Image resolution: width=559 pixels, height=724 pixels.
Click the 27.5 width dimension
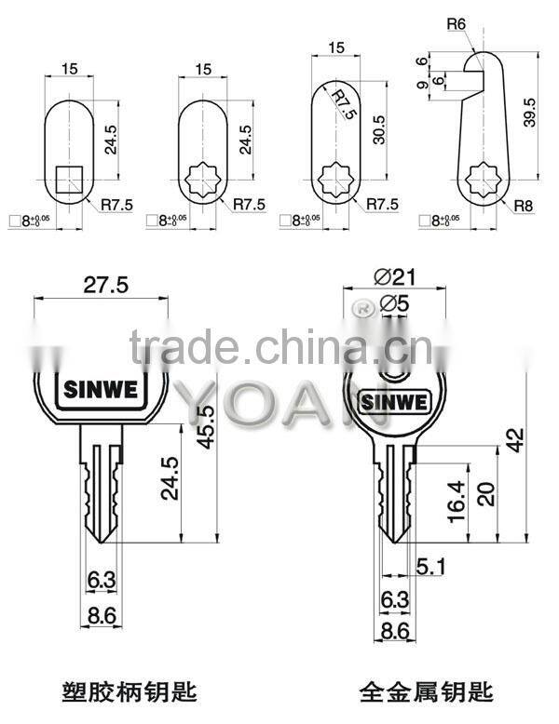[101, 286]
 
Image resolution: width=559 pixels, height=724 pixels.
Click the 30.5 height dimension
[377, 127]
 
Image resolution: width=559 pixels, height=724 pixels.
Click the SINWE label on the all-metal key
[390, 402]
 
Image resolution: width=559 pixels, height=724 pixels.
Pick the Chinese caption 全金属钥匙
[427, 691]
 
